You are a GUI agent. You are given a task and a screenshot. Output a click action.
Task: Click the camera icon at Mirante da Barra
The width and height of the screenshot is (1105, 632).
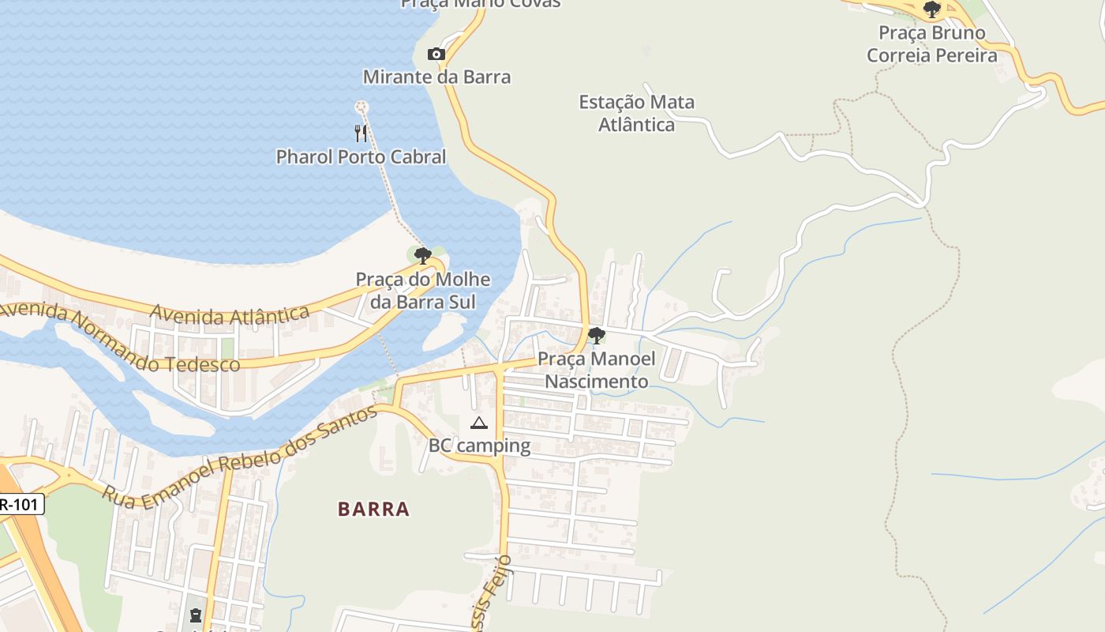pyautogui.click(x=436, y=55)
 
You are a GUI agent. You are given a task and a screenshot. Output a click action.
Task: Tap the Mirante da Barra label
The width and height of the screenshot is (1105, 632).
pyautogui.click(x=436, y=77)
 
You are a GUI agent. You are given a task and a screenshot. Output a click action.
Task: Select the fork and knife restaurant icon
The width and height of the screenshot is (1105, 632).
pyautogui.click(x=361, y=133)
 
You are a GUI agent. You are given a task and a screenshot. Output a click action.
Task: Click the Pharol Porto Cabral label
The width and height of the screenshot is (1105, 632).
pyautogui.click(x=361, y=156)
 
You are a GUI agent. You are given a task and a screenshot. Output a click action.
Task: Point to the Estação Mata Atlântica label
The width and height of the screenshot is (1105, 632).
pyautogui.click(x=636, y=113)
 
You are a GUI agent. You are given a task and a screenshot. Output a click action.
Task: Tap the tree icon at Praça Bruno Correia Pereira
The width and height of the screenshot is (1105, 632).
pyautogui.click(x=932, y=9)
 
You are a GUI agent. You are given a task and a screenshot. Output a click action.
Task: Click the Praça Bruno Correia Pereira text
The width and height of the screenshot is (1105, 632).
pyautogui.click(x=932, y=44)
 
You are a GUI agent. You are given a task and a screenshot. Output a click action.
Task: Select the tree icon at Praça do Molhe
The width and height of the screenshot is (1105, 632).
pyautogui.click(x=423, y=255)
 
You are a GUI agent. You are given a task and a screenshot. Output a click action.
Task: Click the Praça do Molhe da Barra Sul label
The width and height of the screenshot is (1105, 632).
pyautogui.click(x=423, y=290)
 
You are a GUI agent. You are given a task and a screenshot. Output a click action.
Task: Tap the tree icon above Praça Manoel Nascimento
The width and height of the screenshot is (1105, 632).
pyautogui.click(x=597, y=336)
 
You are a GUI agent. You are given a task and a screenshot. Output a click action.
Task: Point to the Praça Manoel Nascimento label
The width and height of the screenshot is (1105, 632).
pyautogui.click(x=597, y=370)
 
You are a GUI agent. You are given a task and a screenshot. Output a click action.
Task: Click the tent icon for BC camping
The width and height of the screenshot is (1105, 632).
pyautogui.click(x=479, y=423)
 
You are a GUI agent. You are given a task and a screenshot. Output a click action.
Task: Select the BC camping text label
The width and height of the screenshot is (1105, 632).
pyautogui.click(x=479, y=446)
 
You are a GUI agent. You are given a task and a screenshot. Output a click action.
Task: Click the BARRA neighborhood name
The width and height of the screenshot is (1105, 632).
pyautogui.click(x=374, y=509)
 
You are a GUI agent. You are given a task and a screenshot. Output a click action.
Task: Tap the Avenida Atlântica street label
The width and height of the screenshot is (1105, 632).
pyautogui.click(x=229, y=315)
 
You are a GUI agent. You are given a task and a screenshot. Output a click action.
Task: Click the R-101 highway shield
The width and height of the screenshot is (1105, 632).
pyautogui.click(x=20, y=504)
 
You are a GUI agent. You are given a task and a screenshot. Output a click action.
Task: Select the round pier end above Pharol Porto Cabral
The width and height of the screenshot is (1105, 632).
pyautogui.click(x=361, y=106)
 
